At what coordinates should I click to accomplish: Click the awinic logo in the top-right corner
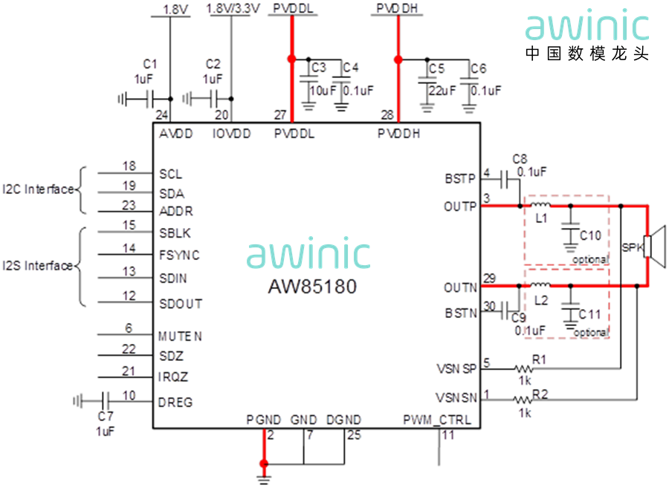[587, 25]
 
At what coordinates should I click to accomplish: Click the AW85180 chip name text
[312, 286]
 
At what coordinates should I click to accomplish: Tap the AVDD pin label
[175, 134]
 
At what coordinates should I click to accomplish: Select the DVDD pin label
[231, 134]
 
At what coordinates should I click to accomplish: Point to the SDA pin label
[172, 192]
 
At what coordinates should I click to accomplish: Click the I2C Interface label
[40, 190]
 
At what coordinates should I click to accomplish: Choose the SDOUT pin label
[180, 303]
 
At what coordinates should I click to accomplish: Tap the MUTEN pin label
[180, 336]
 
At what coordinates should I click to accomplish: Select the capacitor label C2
[213, 64]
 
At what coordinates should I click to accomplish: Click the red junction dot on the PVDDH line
[398, 59]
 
